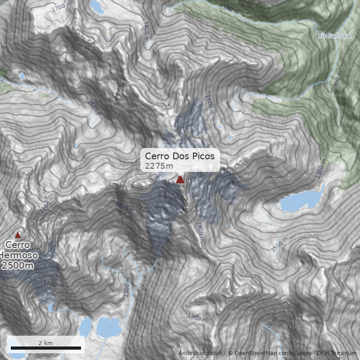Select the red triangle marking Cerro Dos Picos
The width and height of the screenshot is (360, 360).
[x=180, y=180]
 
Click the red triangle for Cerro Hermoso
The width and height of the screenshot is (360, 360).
[x=18, y=235]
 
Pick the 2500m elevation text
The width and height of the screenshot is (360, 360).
[x=18, y=265]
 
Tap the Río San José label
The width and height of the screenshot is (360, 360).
[x=333, y=36]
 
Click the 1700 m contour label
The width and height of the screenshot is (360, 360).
[x=62, y=7]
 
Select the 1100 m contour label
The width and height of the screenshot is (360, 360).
[x=229, y=9]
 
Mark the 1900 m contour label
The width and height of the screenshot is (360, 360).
[x=197, y=317]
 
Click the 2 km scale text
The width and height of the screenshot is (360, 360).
[x=45, y=343]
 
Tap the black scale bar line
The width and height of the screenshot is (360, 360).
[x=45, y=348]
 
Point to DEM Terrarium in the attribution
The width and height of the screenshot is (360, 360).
[x=336, y=353]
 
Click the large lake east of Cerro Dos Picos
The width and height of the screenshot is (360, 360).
[x=299, y=201]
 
